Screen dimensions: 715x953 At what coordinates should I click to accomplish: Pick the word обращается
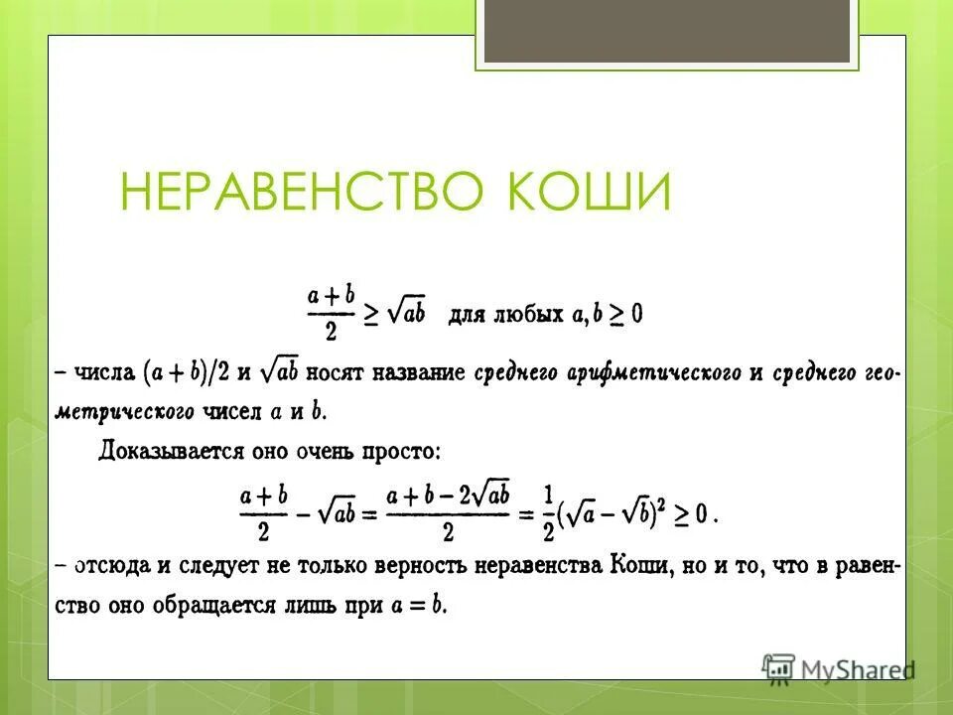pos(249,605)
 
